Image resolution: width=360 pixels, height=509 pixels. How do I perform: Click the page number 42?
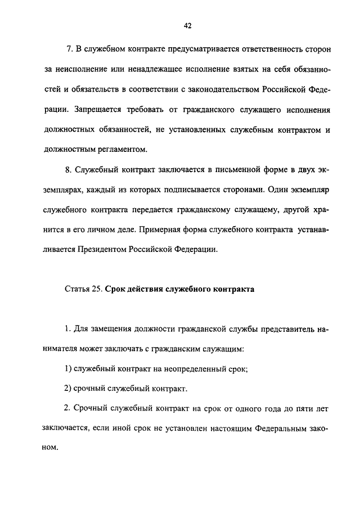click(187, 25)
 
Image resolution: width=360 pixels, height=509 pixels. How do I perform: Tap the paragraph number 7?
click(69, 49)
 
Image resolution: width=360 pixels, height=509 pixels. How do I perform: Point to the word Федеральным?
click(276, 428)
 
